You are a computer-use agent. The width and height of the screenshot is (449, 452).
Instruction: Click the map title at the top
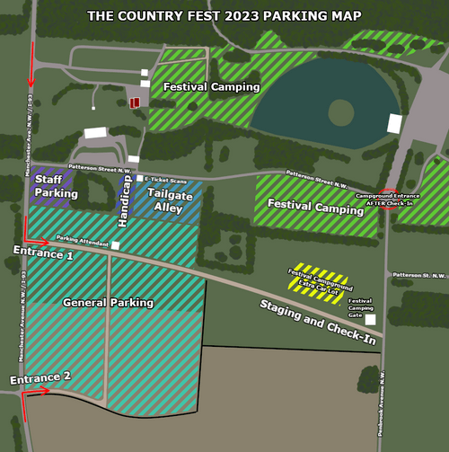click(x=224, y=15)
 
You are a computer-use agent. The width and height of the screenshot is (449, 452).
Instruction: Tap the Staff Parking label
click(x=56, y=187)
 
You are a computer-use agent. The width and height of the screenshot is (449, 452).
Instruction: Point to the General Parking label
click(x=108, y=303)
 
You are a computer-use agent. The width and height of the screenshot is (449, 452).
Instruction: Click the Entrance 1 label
click(x=44, y=255)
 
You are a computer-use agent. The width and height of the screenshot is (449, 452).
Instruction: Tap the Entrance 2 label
click(x=40, y=377)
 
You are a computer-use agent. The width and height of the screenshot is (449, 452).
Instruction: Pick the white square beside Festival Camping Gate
click(x=370, y=319)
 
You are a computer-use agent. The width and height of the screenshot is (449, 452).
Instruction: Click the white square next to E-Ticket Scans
click(x=140, y=179)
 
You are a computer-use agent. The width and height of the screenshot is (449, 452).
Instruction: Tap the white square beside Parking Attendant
click(x=115, y=244)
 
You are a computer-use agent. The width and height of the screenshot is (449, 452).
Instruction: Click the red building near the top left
click(x=135, y=102)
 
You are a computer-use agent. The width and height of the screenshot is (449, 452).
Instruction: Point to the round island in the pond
click(x=340, y=112)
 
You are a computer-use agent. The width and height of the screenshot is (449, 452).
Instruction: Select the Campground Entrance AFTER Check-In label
click(x=387, y=199)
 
